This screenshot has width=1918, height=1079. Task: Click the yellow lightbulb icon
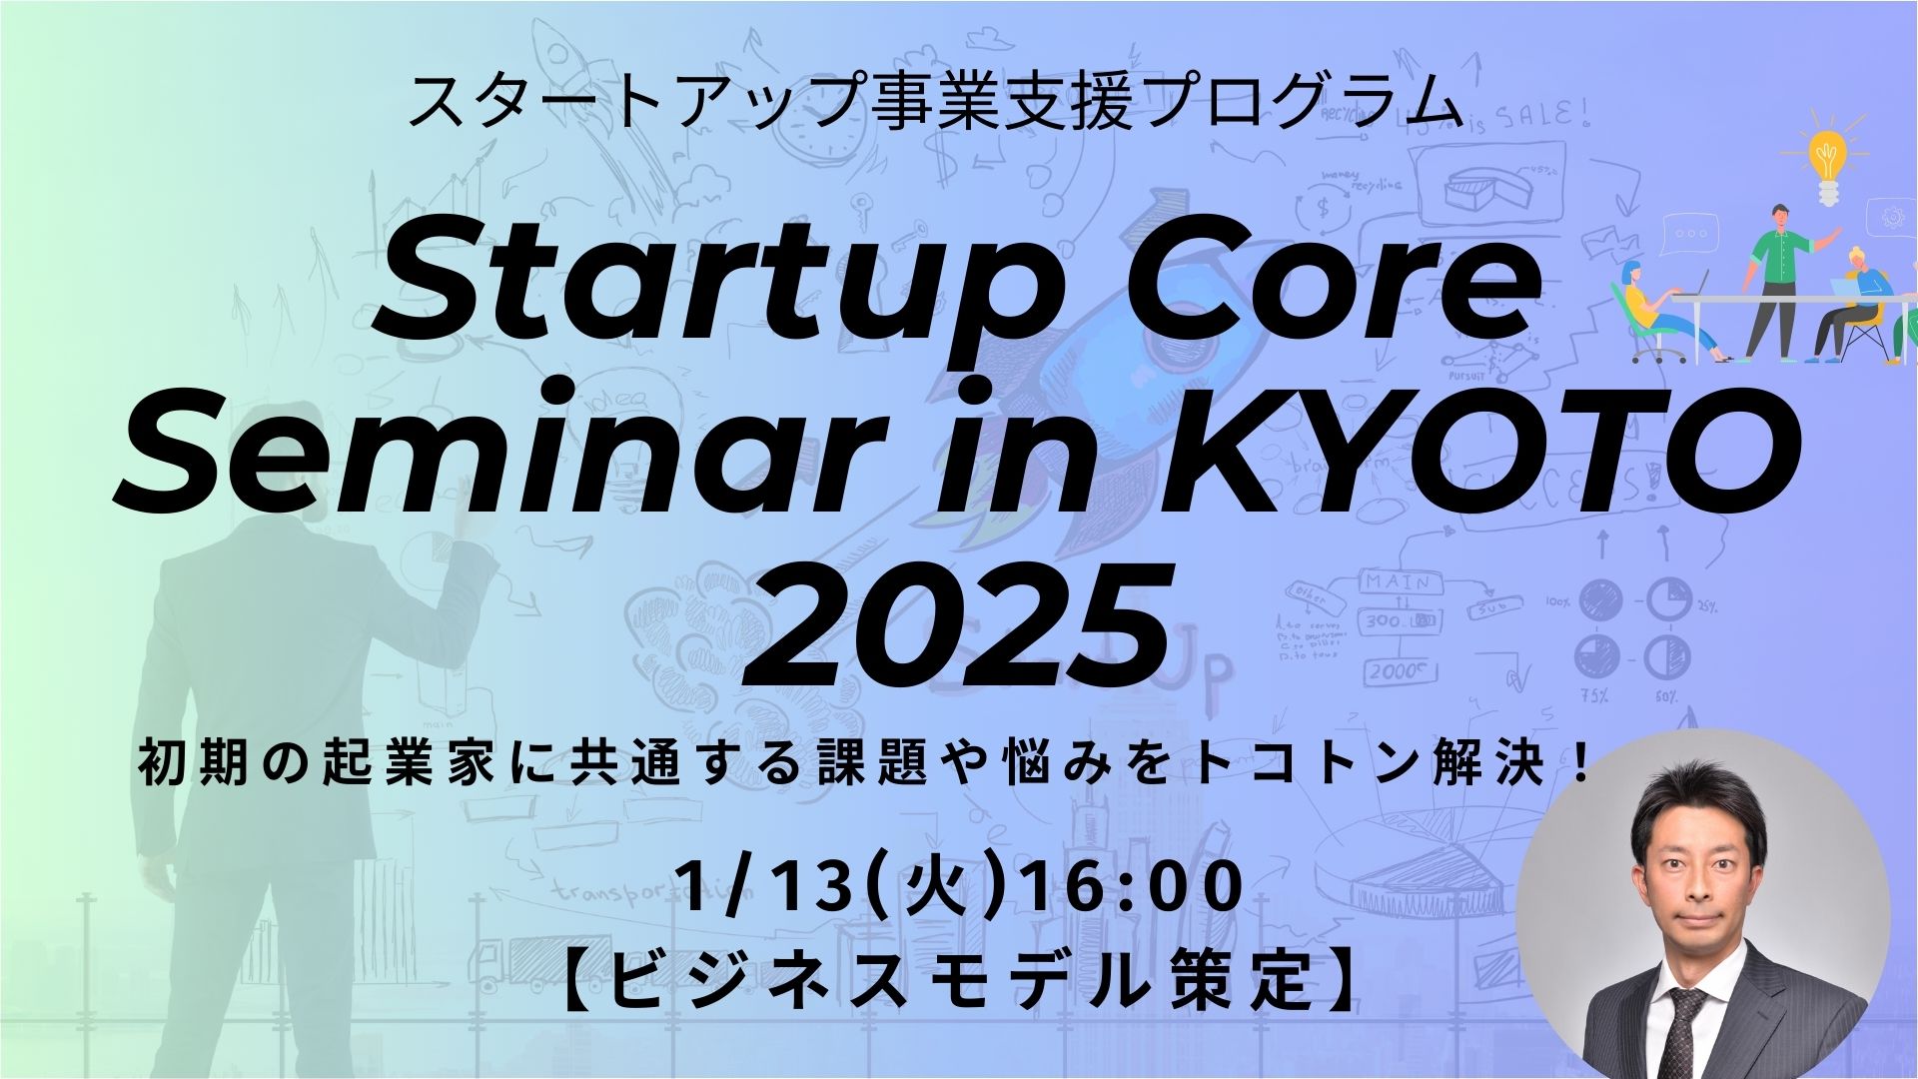point(1827,165)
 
